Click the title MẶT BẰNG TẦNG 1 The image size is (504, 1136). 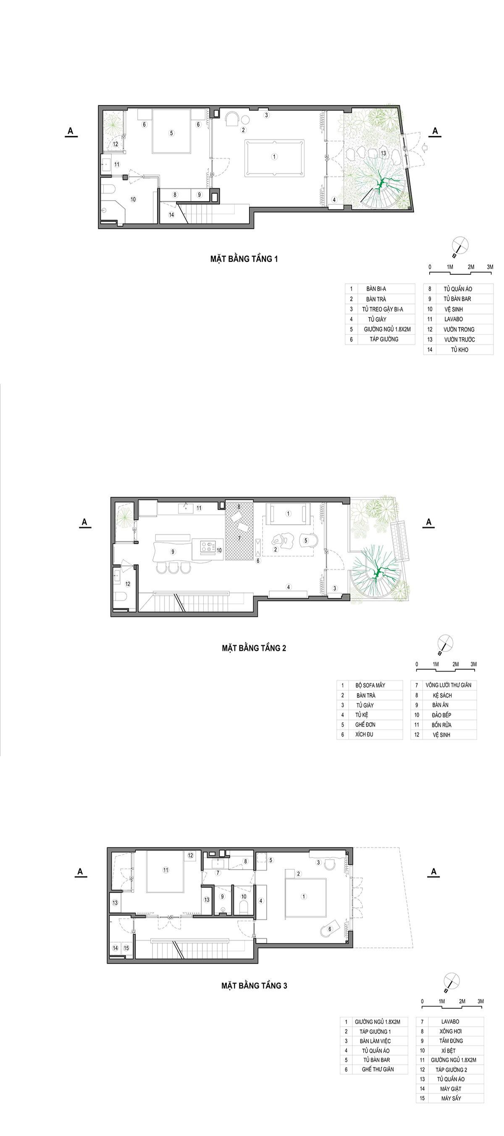244,259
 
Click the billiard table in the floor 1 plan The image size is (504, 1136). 274,158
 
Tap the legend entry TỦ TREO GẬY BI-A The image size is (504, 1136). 382,309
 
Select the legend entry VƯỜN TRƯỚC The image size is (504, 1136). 459,339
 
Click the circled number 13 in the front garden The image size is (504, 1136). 383,153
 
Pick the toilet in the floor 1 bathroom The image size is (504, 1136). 108,189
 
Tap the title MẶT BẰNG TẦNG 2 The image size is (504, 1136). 254,648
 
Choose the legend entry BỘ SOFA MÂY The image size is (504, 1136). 370,685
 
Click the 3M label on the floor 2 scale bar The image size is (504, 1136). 473,664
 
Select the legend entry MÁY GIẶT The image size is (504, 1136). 450,1089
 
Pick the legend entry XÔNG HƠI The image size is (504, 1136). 450,1031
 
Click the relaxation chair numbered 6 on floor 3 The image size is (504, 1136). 330,929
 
